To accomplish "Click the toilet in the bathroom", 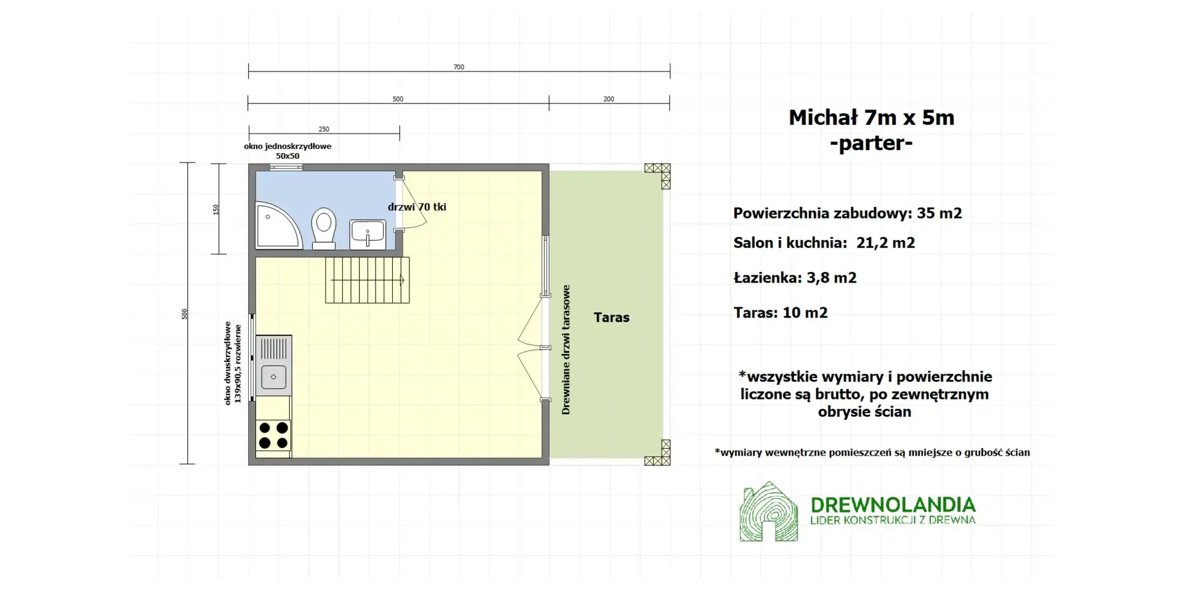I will (323, 227).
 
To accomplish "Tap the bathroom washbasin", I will (368, 235).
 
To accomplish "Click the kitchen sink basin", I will (273, 376).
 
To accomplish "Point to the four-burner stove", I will (273, 435).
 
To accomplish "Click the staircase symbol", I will (368, 280).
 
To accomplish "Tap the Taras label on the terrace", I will (611, 318).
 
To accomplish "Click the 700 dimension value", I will (459, 67).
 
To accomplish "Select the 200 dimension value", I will (609, 99).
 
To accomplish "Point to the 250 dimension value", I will (324, 129).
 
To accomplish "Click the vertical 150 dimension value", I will (216, 209).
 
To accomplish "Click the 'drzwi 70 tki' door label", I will (417, 207).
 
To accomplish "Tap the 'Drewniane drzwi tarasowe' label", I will (566, 350).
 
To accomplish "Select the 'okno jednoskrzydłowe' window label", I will (287, 147).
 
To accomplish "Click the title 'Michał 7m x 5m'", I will (871, 118).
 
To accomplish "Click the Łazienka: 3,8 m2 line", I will (795, 278).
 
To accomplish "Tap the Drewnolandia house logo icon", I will (768, 512).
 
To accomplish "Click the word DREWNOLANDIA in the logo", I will (893, 505).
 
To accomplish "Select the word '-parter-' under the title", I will (871, 143).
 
